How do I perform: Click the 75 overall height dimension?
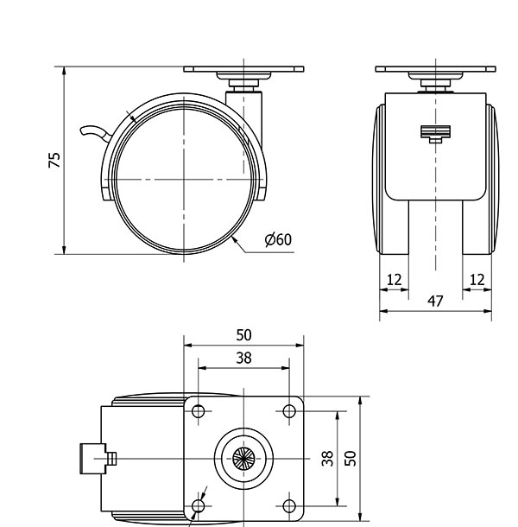coord(54,160)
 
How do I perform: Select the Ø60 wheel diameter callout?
coord(278,240)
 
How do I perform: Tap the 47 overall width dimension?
coord(436,301)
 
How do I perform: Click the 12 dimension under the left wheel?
coord(394,279)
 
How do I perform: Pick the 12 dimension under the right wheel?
coord(477,279)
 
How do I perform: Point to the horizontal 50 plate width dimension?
coord(244,335)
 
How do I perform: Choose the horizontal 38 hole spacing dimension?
coord(244,357)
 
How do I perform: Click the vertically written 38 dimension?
coord(327,458)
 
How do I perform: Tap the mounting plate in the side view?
coord(244,67)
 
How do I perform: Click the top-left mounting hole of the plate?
coord(199,412)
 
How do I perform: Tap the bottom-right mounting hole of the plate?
coord(288,504)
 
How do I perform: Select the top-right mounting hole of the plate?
coord(288,412)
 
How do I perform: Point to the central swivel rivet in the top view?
coord(244,458)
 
